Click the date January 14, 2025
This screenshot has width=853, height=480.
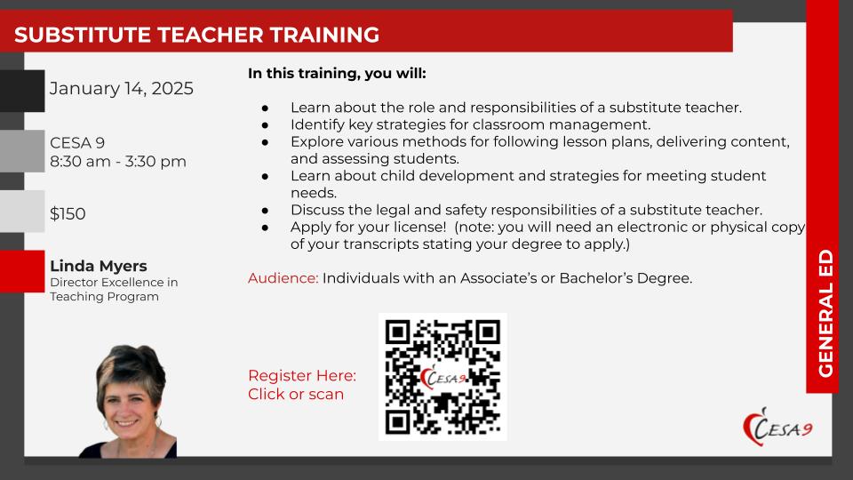122,89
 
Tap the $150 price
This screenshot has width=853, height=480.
68,213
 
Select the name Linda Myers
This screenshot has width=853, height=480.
99,266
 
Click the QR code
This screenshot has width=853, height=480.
442,377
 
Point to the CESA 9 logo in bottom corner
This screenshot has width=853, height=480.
778,428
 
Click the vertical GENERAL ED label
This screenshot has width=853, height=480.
825,314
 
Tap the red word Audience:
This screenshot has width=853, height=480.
283,278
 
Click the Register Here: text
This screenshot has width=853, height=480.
302,375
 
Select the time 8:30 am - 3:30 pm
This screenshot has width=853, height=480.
118,162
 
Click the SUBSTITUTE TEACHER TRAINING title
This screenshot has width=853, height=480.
197,35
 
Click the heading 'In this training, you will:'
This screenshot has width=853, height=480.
338,74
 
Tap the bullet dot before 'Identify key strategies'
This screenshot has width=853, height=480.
265,125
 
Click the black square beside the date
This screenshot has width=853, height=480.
22,91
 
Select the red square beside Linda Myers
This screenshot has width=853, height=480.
22,271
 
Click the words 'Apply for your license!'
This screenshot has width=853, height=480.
368,227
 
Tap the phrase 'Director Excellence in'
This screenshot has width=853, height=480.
114,283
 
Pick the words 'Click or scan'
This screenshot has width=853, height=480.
296,394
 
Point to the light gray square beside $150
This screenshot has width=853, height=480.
22,212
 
